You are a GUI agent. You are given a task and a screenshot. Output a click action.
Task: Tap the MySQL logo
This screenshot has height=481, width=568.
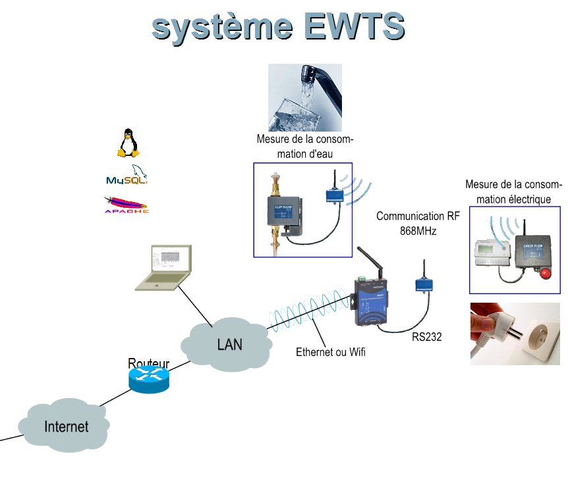point(127,176)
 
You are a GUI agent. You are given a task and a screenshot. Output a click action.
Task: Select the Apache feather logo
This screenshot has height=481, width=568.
point(126,205)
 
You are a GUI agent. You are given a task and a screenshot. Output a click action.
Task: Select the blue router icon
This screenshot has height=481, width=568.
point(150,380)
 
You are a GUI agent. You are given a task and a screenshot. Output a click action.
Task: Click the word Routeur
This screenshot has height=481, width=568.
point(148,363)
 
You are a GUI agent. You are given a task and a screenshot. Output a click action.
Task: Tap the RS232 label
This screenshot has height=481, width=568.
point(427,337)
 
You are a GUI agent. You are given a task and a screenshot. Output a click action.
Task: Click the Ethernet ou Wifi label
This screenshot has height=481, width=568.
point(331,353)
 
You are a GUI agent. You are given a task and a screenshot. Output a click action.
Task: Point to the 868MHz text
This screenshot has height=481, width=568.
point(418,231)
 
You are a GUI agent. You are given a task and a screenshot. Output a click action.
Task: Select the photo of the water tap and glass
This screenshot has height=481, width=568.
point(305,97)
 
